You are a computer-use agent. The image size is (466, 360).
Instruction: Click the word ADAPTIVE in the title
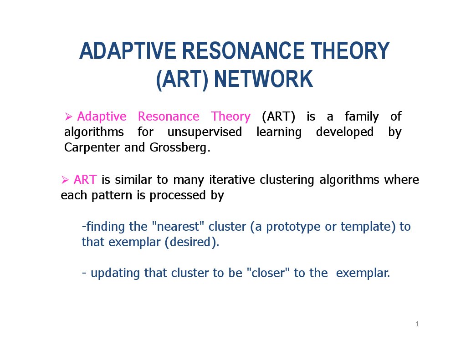(128, 51)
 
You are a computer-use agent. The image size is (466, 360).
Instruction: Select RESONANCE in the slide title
(243, 51)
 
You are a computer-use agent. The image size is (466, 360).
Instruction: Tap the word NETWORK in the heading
(263, 79)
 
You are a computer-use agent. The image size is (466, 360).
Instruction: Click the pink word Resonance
(169, 116)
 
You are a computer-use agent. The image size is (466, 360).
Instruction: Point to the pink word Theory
(230, 117)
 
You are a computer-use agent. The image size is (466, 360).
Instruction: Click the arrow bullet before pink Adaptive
(68, 117)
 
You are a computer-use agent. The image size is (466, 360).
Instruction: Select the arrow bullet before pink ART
(65, 180)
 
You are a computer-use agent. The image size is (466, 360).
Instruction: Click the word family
(362, 117)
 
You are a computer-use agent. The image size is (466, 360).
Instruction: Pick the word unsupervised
(205, 132)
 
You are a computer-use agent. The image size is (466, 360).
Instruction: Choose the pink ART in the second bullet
(85, 180)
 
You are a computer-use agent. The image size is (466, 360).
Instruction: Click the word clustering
(287, 180)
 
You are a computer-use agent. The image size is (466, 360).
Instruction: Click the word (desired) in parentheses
(192, 243)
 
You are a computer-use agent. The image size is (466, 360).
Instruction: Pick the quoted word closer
(268, 273)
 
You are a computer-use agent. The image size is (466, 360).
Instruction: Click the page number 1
(417, 324)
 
